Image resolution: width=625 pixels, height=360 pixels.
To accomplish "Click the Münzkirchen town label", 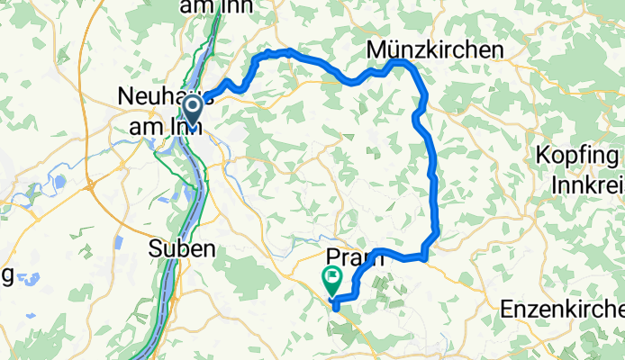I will click(435, 51).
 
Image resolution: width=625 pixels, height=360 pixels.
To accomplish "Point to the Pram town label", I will click(354, 258).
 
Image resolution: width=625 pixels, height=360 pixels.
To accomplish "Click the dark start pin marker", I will click(192, 111).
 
